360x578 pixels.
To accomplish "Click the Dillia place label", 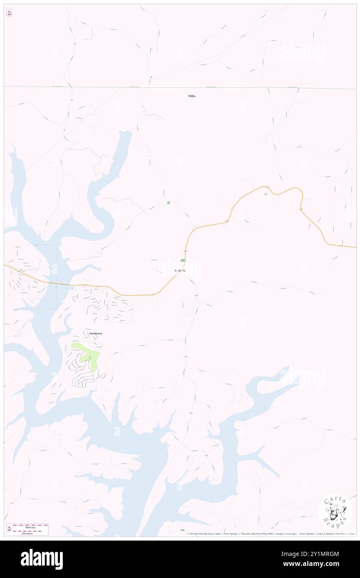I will tap(192, 96).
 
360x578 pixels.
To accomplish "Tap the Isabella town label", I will tap(180, 271).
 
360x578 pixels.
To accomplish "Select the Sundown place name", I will tap(96, 333).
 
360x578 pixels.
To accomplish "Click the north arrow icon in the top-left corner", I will tap(9, 13).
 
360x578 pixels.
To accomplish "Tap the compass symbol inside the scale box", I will tap(10, 529).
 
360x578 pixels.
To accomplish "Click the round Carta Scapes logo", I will tap(335, 512).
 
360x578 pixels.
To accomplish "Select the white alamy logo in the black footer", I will tap(42, 559).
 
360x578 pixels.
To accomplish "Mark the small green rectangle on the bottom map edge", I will tap(182, 530).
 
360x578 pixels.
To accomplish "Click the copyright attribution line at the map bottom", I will tap(270, 534).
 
